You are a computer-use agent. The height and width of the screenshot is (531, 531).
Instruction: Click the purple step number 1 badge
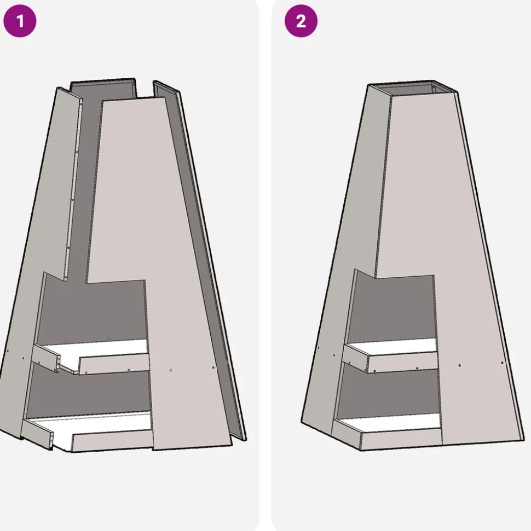coord(20,21)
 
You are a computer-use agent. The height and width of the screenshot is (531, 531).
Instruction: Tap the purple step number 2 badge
coord(301,21)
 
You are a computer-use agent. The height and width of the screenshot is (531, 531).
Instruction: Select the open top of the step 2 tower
coord(413,88)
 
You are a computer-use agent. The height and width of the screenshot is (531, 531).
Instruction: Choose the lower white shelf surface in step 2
coord(390,423)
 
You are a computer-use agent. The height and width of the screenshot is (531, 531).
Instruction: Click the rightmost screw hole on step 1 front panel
coord(213,367)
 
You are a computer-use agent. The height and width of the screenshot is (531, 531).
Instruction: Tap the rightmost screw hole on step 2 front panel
coord(502,363)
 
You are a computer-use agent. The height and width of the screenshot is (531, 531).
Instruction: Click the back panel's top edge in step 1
coord(103,81)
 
